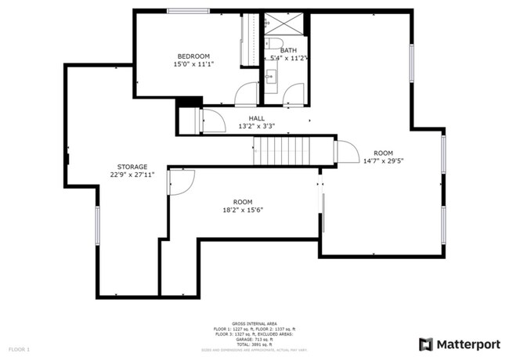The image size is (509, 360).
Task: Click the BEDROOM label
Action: point(193,56)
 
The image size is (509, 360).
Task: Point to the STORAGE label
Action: point(132,167)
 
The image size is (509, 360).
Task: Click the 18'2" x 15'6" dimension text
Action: point(243,210)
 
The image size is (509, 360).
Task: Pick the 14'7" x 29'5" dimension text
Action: point(382,161)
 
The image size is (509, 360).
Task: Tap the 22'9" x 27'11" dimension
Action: point(132,175)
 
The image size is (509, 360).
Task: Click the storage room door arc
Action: point(181,183)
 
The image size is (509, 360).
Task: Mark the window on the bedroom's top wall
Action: point(182,11)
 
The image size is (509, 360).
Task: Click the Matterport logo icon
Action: point(426,344)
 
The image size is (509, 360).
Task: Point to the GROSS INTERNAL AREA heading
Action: point(254,322)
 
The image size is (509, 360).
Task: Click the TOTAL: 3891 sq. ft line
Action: point(254,344)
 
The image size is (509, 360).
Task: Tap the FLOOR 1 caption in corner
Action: point(19,348)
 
